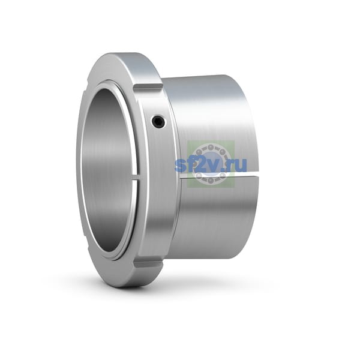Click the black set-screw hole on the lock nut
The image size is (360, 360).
click(158, 121)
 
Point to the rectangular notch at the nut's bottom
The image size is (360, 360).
click(149, 265)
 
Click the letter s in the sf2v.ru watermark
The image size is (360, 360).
click(180, 165)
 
